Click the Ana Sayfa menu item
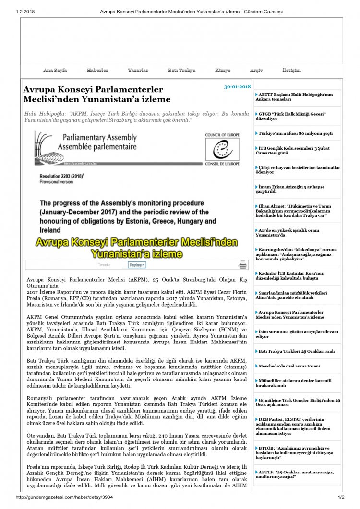click(55, 70)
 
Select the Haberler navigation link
click(97, 70)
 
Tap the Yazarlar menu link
click(138, 70)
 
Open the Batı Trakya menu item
click(181, 70)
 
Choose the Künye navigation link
click(223, 70)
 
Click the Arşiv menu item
click(256, 70)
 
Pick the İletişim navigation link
click(291, 70)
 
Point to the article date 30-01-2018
click(237, 87)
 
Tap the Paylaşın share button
click(137, 265)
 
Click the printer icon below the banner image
click(243, 265)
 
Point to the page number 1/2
click(341, 497)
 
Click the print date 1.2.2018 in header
click(25, 11)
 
